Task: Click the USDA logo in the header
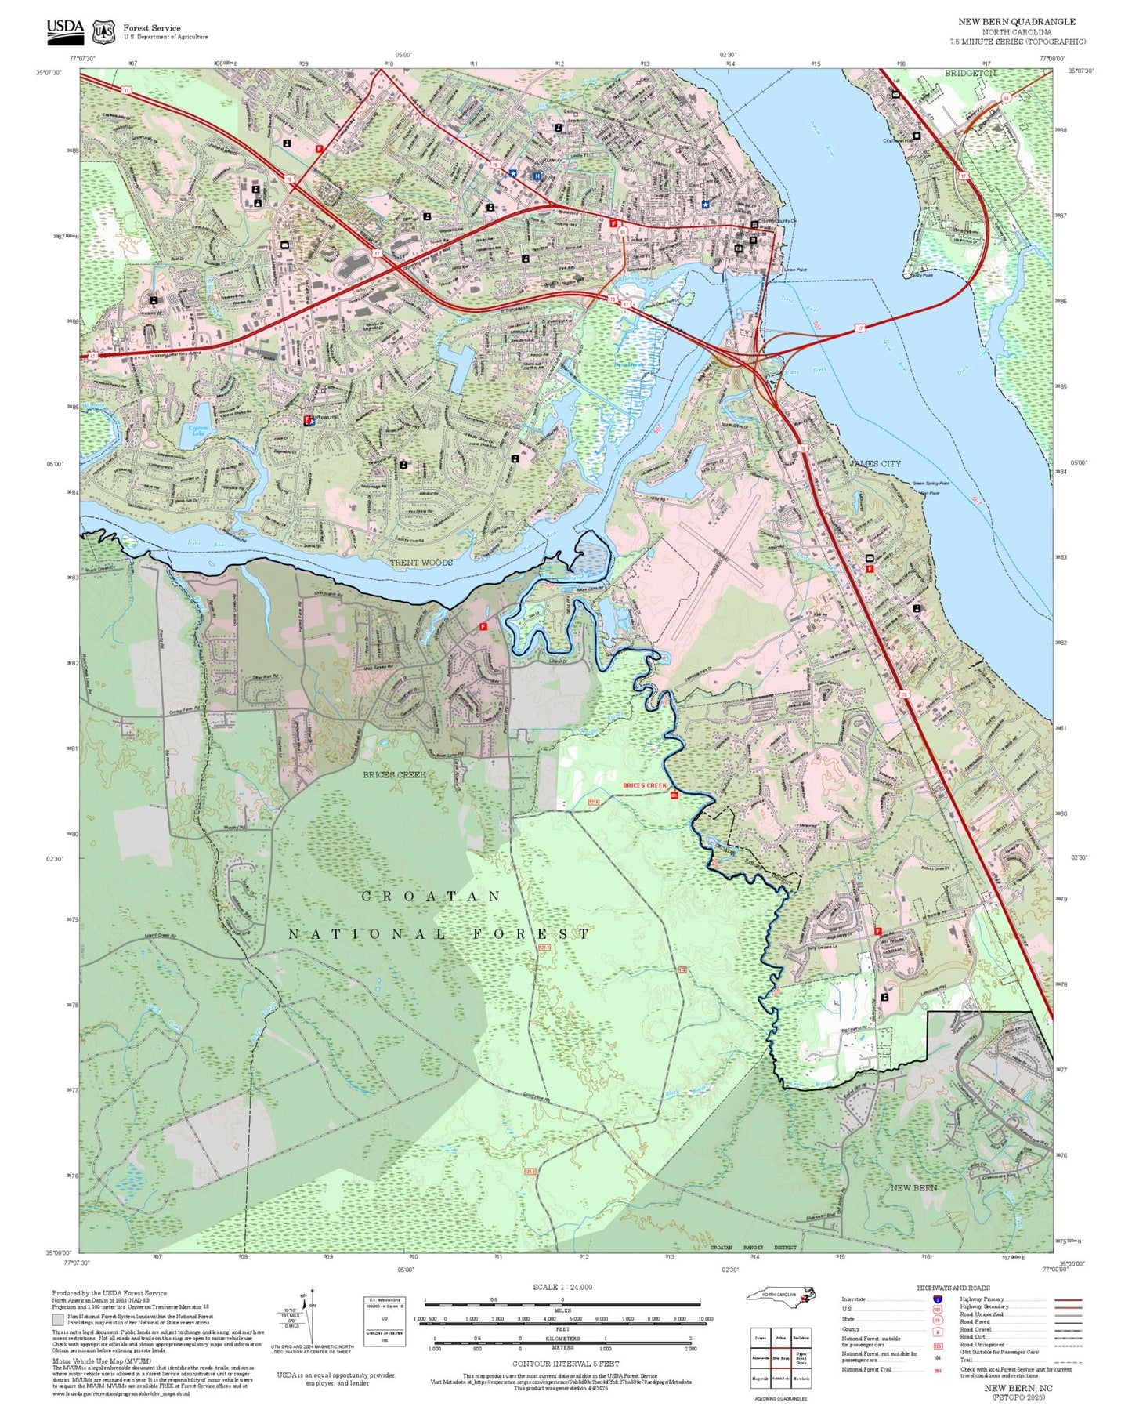point(64,29)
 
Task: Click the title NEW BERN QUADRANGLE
point(1017,22)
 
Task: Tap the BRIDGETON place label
point(970,73)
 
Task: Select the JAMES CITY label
point(875,463)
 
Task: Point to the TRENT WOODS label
point(421,563)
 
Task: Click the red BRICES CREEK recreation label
point(644,785)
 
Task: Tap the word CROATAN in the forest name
point(430,896)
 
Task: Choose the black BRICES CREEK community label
point(394,774)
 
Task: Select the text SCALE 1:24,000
point(562,1287)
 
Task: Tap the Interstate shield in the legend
point(937,1299)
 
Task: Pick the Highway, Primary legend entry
point(982,1299)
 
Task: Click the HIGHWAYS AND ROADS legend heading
point(953,1288)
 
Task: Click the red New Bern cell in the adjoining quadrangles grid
point(780,1357)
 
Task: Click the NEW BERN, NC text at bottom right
point(1018,1388)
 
